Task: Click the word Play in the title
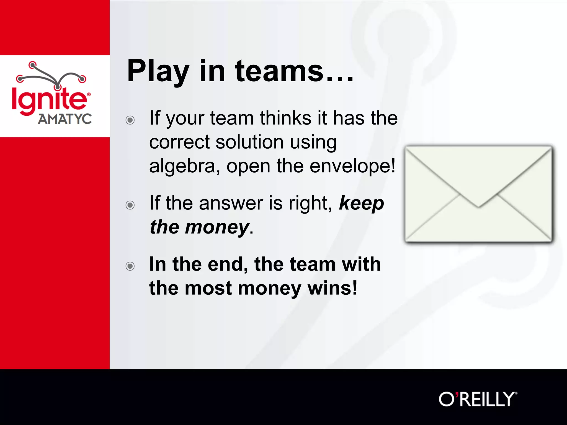pos(158,71)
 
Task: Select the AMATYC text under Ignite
pos(65,119)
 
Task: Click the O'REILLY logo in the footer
pos(478,399)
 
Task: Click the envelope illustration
pos(478,194)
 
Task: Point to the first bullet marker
pos(130,120)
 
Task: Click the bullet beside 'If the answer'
pos(130,205)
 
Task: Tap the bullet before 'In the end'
pos(130,266)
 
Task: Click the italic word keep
pos(361,203)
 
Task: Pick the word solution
pos(249,142)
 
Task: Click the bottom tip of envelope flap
pos(478,206)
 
